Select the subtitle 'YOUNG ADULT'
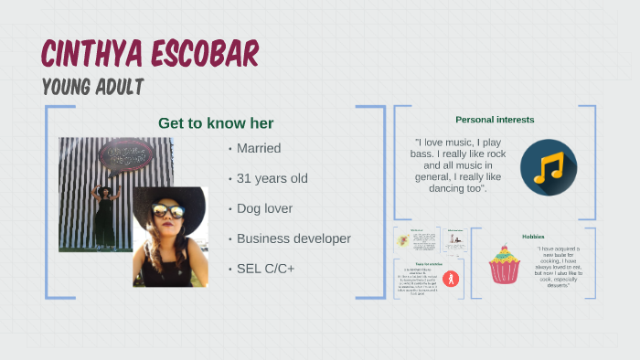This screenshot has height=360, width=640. (92, 88)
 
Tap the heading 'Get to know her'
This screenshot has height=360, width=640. (216, 123)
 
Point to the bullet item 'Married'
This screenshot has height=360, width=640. (258, 148)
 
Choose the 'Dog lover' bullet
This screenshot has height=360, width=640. (264, 208)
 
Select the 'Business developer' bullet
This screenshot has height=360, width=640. (293, 238)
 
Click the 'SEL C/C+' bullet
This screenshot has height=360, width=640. (266, 269)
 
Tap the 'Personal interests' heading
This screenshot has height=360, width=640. (495, 120)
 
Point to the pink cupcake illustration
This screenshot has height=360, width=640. (504, 264)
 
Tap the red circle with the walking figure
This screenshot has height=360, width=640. (450, 278)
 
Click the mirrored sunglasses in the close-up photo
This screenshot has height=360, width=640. (170, 213)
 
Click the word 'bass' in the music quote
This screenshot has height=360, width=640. (425, 154)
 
